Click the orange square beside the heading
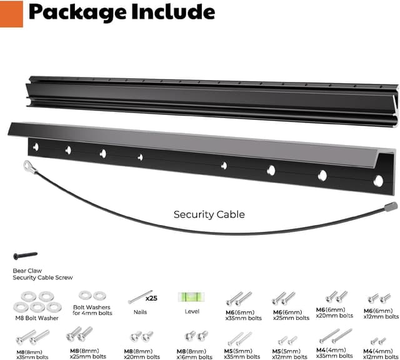[x=11, y=14]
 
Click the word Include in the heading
[x=168, y=12]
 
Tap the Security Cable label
[x=209, y=214]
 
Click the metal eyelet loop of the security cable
[x=29, y=166]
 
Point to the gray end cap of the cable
[x=391, y=206]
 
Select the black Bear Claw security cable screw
[x=25, y=256]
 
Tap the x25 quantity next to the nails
[x=151, y=298]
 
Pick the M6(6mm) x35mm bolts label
[x=242, y=314]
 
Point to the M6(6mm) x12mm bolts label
[x=379, y=314]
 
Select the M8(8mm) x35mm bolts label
[x=32, y=353]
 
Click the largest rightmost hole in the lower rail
[x=378, y=181]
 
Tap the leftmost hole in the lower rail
[x=36, y=147]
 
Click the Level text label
[x=192, y=311]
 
